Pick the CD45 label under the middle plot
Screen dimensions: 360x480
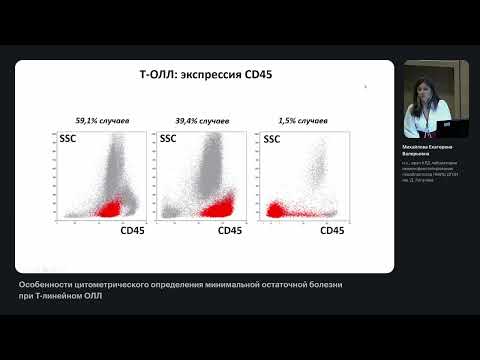[231, 230]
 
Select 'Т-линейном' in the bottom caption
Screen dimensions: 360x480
[65, 296]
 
